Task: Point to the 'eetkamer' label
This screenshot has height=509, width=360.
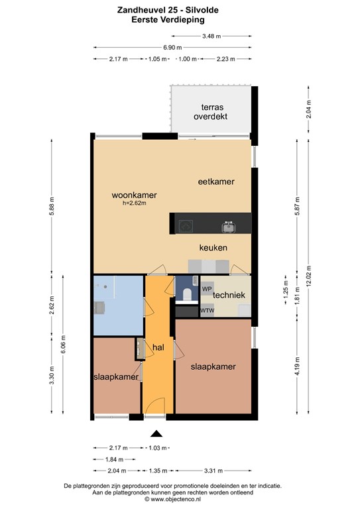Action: tap(216, 181)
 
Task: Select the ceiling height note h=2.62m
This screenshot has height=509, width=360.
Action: tap(134, 203)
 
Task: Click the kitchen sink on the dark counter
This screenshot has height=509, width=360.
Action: tap(228, 227)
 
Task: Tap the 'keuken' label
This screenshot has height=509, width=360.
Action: tap(213, 248)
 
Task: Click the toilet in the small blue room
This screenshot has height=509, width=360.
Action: tap(188, 294)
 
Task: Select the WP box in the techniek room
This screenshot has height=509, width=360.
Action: tap(207, 290)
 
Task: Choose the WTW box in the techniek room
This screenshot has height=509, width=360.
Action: tap(207, 310)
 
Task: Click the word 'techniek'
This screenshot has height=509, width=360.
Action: tap(229, 295)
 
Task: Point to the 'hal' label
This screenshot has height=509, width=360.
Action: tap(158, 347)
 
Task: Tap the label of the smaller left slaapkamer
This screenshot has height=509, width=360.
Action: tap(116, 376)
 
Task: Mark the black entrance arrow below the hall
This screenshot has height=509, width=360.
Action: tap(156, 434)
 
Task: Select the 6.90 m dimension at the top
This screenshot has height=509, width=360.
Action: tap(172, 48)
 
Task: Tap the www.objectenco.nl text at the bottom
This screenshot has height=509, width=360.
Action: tap(176, 500)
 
